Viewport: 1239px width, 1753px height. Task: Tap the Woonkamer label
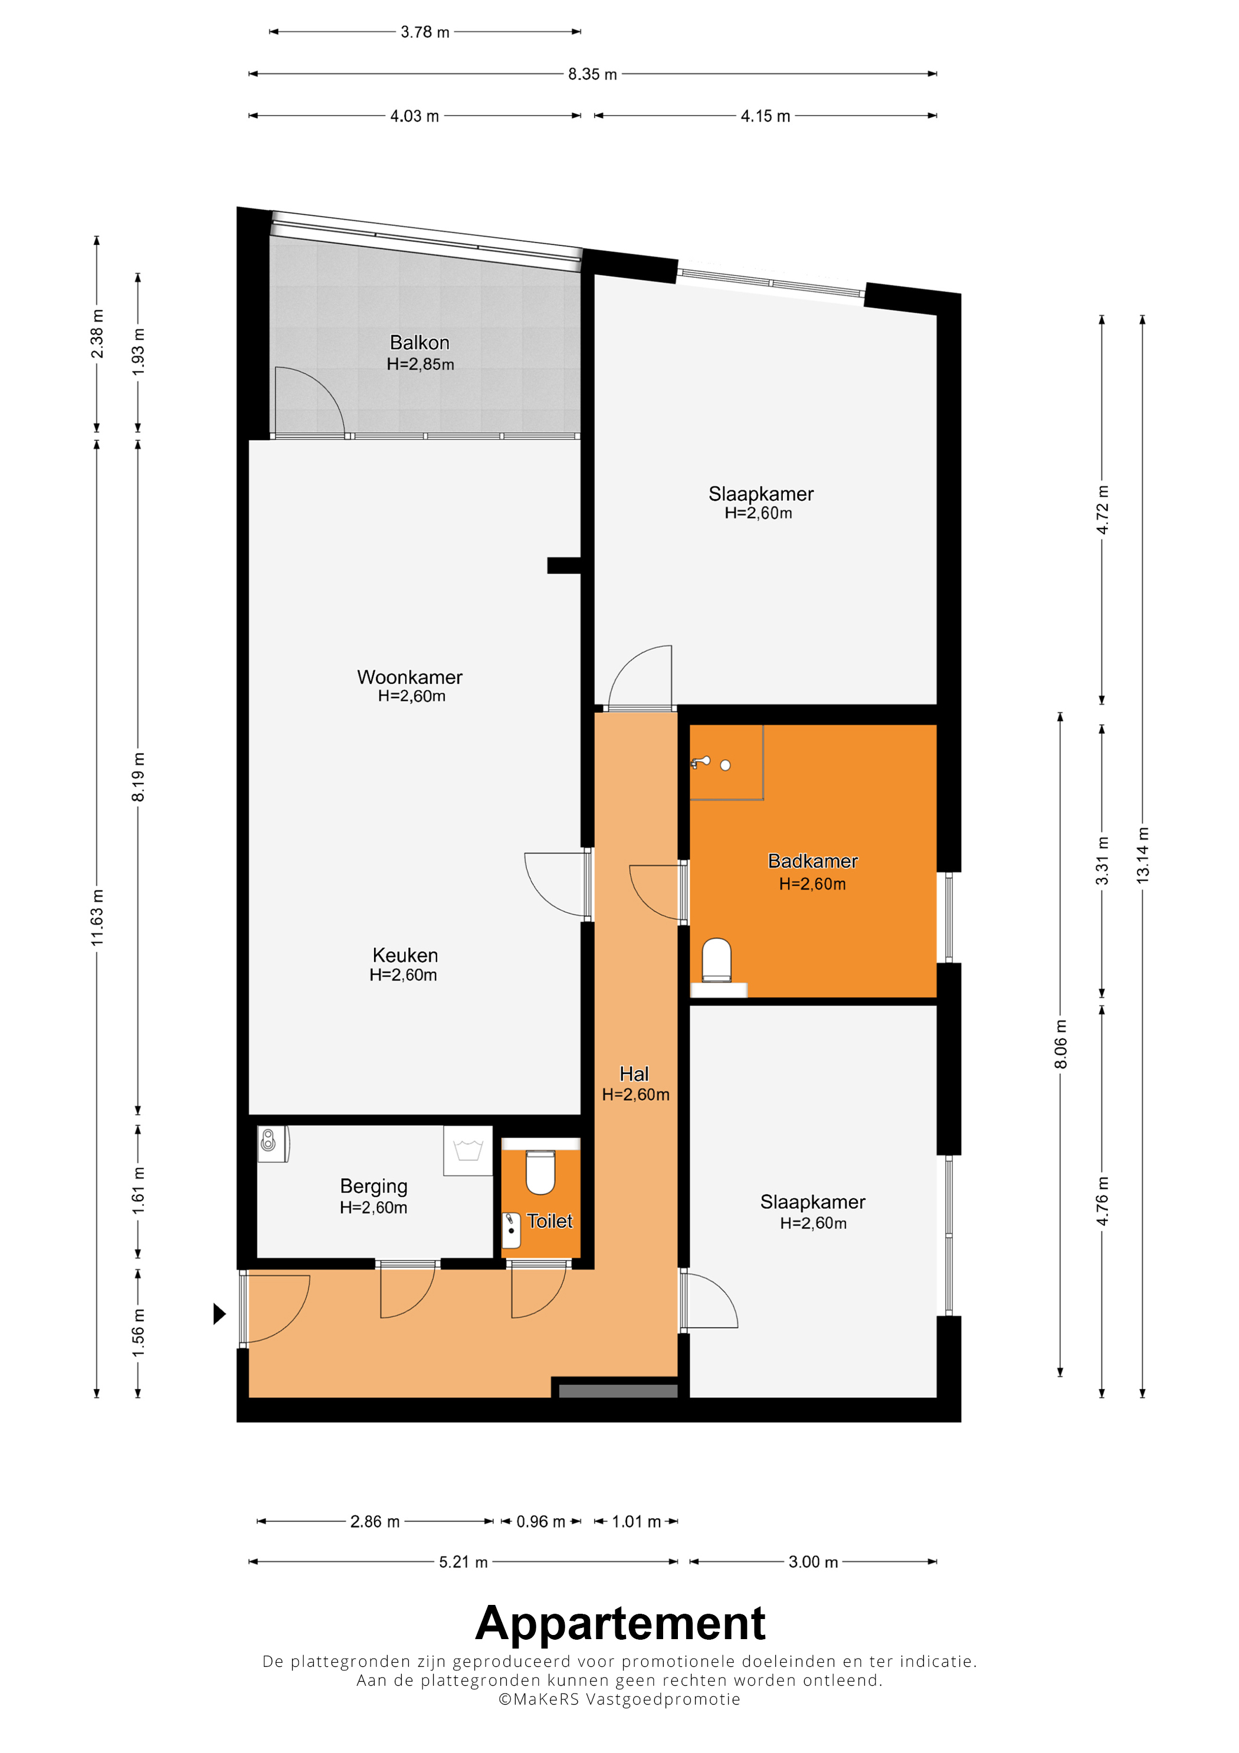pos(410,677)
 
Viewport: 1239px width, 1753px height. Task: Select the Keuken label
pos(405,955)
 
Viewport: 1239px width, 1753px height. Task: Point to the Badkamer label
pos(812,861)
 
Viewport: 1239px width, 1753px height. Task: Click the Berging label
pos(373,1187)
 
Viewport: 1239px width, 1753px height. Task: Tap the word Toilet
pos(550,1221)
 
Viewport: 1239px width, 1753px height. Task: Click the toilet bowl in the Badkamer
pos(717,960)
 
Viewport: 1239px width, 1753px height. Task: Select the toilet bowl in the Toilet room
pos(540,1172)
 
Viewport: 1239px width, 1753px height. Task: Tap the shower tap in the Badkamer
pos(701,762)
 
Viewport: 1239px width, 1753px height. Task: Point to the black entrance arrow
pos(219,1313)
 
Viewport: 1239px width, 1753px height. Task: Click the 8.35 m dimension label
pos(592,74)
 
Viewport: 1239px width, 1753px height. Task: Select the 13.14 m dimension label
pos(1143,855)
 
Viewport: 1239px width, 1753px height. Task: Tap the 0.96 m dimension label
pos(540,1521)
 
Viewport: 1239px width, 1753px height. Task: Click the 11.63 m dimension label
pos(97,917)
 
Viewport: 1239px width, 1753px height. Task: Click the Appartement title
pos(620,1623)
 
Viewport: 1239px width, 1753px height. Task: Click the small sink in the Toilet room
pos(511,1230)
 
